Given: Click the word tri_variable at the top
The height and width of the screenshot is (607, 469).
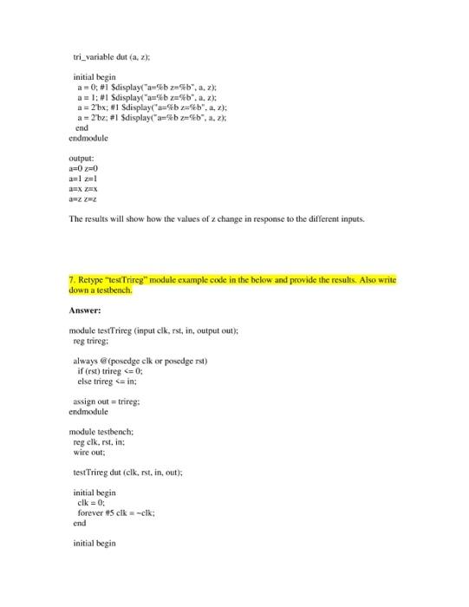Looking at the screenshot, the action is click(x=94, y=56).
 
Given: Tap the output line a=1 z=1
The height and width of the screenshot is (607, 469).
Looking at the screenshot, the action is click(x=82, y=179).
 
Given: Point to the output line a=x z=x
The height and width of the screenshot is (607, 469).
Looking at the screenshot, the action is click(x=82, y=189).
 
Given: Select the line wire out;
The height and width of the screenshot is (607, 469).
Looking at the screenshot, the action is click(x=92, y=451).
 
